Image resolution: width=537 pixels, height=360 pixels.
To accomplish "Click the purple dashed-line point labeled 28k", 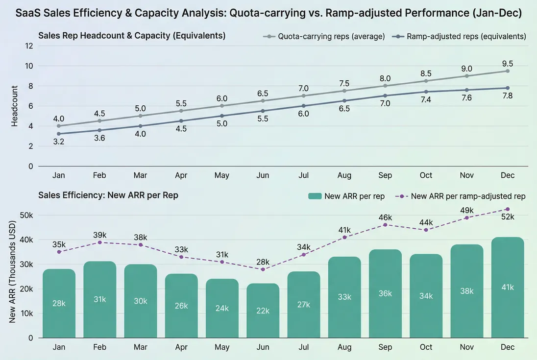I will (263, 269).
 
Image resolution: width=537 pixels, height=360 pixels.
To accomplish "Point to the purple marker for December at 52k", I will (508, 209).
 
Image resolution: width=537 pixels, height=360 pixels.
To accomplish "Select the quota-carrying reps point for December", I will (508, 71).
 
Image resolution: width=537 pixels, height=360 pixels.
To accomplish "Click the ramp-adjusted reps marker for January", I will (59, 134).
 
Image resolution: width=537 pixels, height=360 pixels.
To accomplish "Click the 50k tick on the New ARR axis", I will (26, 216).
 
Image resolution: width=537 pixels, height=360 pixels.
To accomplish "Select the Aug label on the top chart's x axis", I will (344, 175).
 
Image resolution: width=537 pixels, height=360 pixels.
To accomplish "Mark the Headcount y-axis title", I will (15, 106).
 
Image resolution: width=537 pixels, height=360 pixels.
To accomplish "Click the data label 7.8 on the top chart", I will (508, 96).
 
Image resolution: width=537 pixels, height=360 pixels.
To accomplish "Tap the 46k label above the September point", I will (385, 216).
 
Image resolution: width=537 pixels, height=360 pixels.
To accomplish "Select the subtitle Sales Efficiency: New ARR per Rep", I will (108, 195).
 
